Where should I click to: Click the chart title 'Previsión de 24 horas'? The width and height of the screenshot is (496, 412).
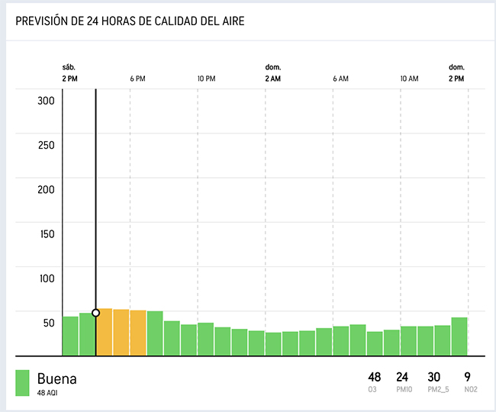pos(130,21)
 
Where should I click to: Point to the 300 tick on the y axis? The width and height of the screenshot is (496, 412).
pos(46,101)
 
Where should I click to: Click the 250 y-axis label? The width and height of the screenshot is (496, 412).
pos(46,145)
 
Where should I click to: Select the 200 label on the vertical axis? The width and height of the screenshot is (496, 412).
pos(46,190)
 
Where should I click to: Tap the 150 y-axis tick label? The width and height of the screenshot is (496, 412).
pos(47,234)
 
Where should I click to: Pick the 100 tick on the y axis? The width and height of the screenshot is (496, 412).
pos(47,278)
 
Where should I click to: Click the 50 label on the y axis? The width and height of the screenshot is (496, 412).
pos(49,323)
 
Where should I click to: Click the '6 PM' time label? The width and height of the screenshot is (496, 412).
pos(137,79)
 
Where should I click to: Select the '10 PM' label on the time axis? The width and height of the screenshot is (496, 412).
pos(207,79)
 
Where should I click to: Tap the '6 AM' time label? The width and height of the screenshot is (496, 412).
pos(340,79)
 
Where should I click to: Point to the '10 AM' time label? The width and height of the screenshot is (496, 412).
pos(409,79)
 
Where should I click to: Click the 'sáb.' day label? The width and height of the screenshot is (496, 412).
pos(69,67)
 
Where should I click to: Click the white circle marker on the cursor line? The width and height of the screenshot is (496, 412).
pos(96,313)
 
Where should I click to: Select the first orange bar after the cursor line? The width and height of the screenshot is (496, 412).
pos(105,332)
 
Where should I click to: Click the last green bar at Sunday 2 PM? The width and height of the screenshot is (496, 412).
pos(459,336)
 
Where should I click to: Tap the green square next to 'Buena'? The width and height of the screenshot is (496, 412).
pos(22,383)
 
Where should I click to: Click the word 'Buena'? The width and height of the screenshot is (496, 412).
pos(57,378)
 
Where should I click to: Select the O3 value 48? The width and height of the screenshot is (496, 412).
pos(374,377)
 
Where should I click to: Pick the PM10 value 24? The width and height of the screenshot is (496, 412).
pos(402,377)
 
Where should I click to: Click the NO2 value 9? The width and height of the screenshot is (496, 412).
pos(467,377)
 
